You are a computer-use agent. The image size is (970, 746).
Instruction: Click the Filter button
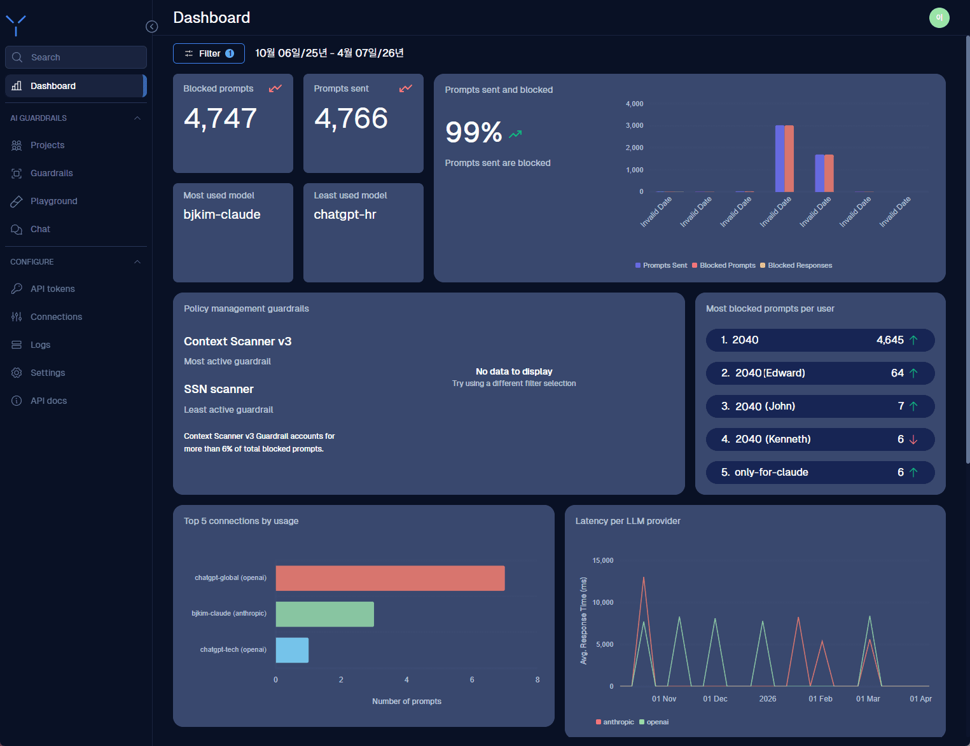(209, 53)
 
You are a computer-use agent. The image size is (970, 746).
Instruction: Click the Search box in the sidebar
(76, 57)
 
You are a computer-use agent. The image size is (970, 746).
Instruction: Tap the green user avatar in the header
(939, 18)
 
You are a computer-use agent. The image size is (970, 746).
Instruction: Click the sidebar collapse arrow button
(152, 27)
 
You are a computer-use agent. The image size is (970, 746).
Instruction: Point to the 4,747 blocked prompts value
(220, 118)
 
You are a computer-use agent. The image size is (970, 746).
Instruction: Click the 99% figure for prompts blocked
(474, 132)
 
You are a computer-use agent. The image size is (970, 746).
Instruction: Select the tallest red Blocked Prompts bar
(789, 158)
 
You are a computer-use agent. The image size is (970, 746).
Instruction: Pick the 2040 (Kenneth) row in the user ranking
(820, 439)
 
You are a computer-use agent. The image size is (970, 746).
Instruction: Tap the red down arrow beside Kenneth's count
(913, 439)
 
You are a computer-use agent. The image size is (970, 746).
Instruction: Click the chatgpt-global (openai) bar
(390, 578)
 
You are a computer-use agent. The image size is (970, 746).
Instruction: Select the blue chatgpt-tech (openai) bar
(292, 650)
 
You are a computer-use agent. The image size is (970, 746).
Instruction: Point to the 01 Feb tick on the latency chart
(820, 699)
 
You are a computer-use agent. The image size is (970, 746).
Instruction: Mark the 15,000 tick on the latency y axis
(602, 560)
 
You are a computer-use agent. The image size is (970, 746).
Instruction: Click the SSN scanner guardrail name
(219, 389)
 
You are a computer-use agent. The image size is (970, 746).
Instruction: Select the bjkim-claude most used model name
(222, 214)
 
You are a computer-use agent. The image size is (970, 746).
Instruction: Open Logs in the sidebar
(40, 345)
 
